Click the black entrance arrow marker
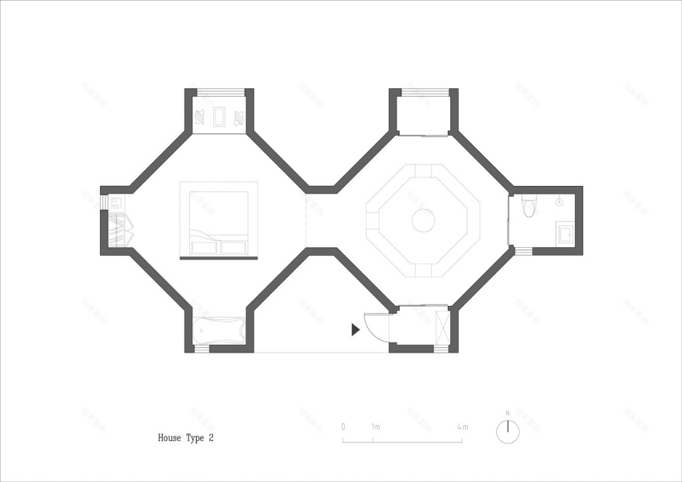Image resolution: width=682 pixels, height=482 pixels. pos(355,329)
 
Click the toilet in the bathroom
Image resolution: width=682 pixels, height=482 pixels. pos(529,206)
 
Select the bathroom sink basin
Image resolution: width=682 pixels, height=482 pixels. pos(565,233)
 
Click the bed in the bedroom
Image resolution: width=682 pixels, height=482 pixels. pos(219,223)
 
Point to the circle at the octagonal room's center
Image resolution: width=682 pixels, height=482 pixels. pos(422,221)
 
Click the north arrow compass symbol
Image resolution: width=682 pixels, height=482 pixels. pos(508,432)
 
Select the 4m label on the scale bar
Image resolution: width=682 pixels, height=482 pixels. pos(463,427)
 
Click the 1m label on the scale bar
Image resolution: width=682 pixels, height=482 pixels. pos(375,427)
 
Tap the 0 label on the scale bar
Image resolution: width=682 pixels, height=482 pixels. pos(343,427)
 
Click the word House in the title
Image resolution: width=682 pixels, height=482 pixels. pos(169,438)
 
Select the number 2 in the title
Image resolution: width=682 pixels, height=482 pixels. pos(210,438)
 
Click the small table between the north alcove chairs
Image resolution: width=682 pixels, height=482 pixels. pos(219,118)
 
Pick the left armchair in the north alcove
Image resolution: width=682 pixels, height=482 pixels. pos(200,118)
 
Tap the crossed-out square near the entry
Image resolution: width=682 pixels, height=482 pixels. pos(443,326)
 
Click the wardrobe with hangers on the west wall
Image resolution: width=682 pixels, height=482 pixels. pos(119,230)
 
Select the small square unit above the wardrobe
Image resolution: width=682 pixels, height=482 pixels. pos(115,204)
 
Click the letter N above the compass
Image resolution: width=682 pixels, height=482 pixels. pos(508,413)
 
